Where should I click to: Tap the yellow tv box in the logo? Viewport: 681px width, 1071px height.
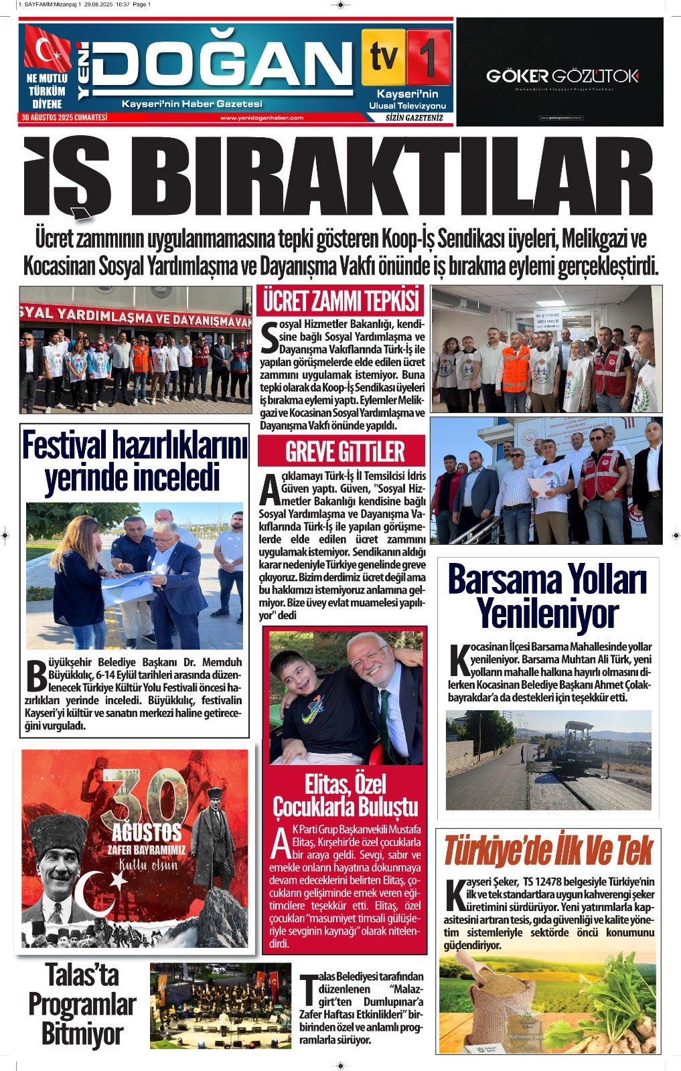(x=384, y=56)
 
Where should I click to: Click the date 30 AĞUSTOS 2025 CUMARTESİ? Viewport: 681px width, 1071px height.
(x=64, y=118)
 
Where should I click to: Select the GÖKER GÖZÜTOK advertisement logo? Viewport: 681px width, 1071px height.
(x=562, y=76)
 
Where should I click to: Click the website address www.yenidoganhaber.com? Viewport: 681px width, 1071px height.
(x=261, y=118)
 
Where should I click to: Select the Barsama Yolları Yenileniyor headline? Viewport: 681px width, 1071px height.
(x=548, y=596)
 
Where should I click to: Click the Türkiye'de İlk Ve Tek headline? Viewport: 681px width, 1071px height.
(x=548, y=851)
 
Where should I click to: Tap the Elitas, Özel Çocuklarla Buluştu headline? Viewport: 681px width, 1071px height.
(x=346, y=795)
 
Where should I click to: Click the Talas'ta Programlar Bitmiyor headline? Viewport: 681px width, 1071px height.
(x=82, y=1004)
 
